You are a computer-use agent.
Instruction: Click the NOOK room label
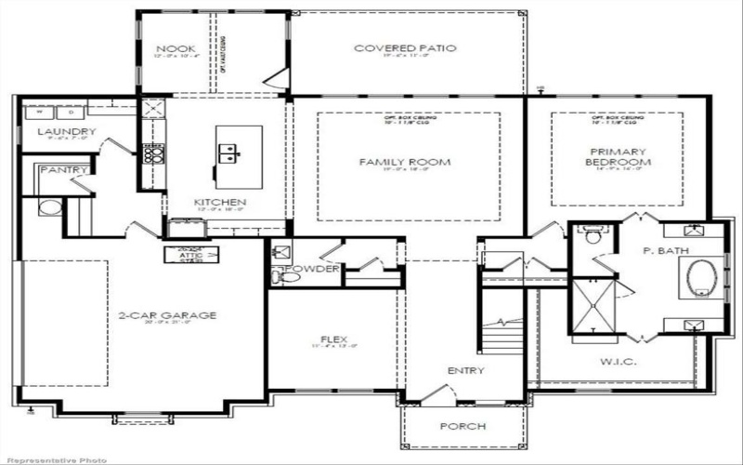(174, 48)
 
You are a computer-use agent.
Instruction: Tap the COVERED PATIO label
(405, 48)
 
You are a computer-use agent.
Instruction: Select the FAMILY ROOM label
(405, 162)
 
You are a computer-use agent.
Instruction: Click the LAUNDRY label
(67, 132)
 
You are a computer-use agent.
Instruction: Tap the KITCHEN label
(219, 202)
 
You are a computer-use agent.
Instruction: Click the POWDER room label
(306, 270)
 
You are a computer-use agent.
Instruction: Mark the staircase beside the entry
(502, 335)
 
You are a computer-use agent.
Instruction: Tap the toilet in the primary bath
(591, 235)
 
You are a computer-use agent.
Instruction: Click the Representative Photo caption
(54, 459)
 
